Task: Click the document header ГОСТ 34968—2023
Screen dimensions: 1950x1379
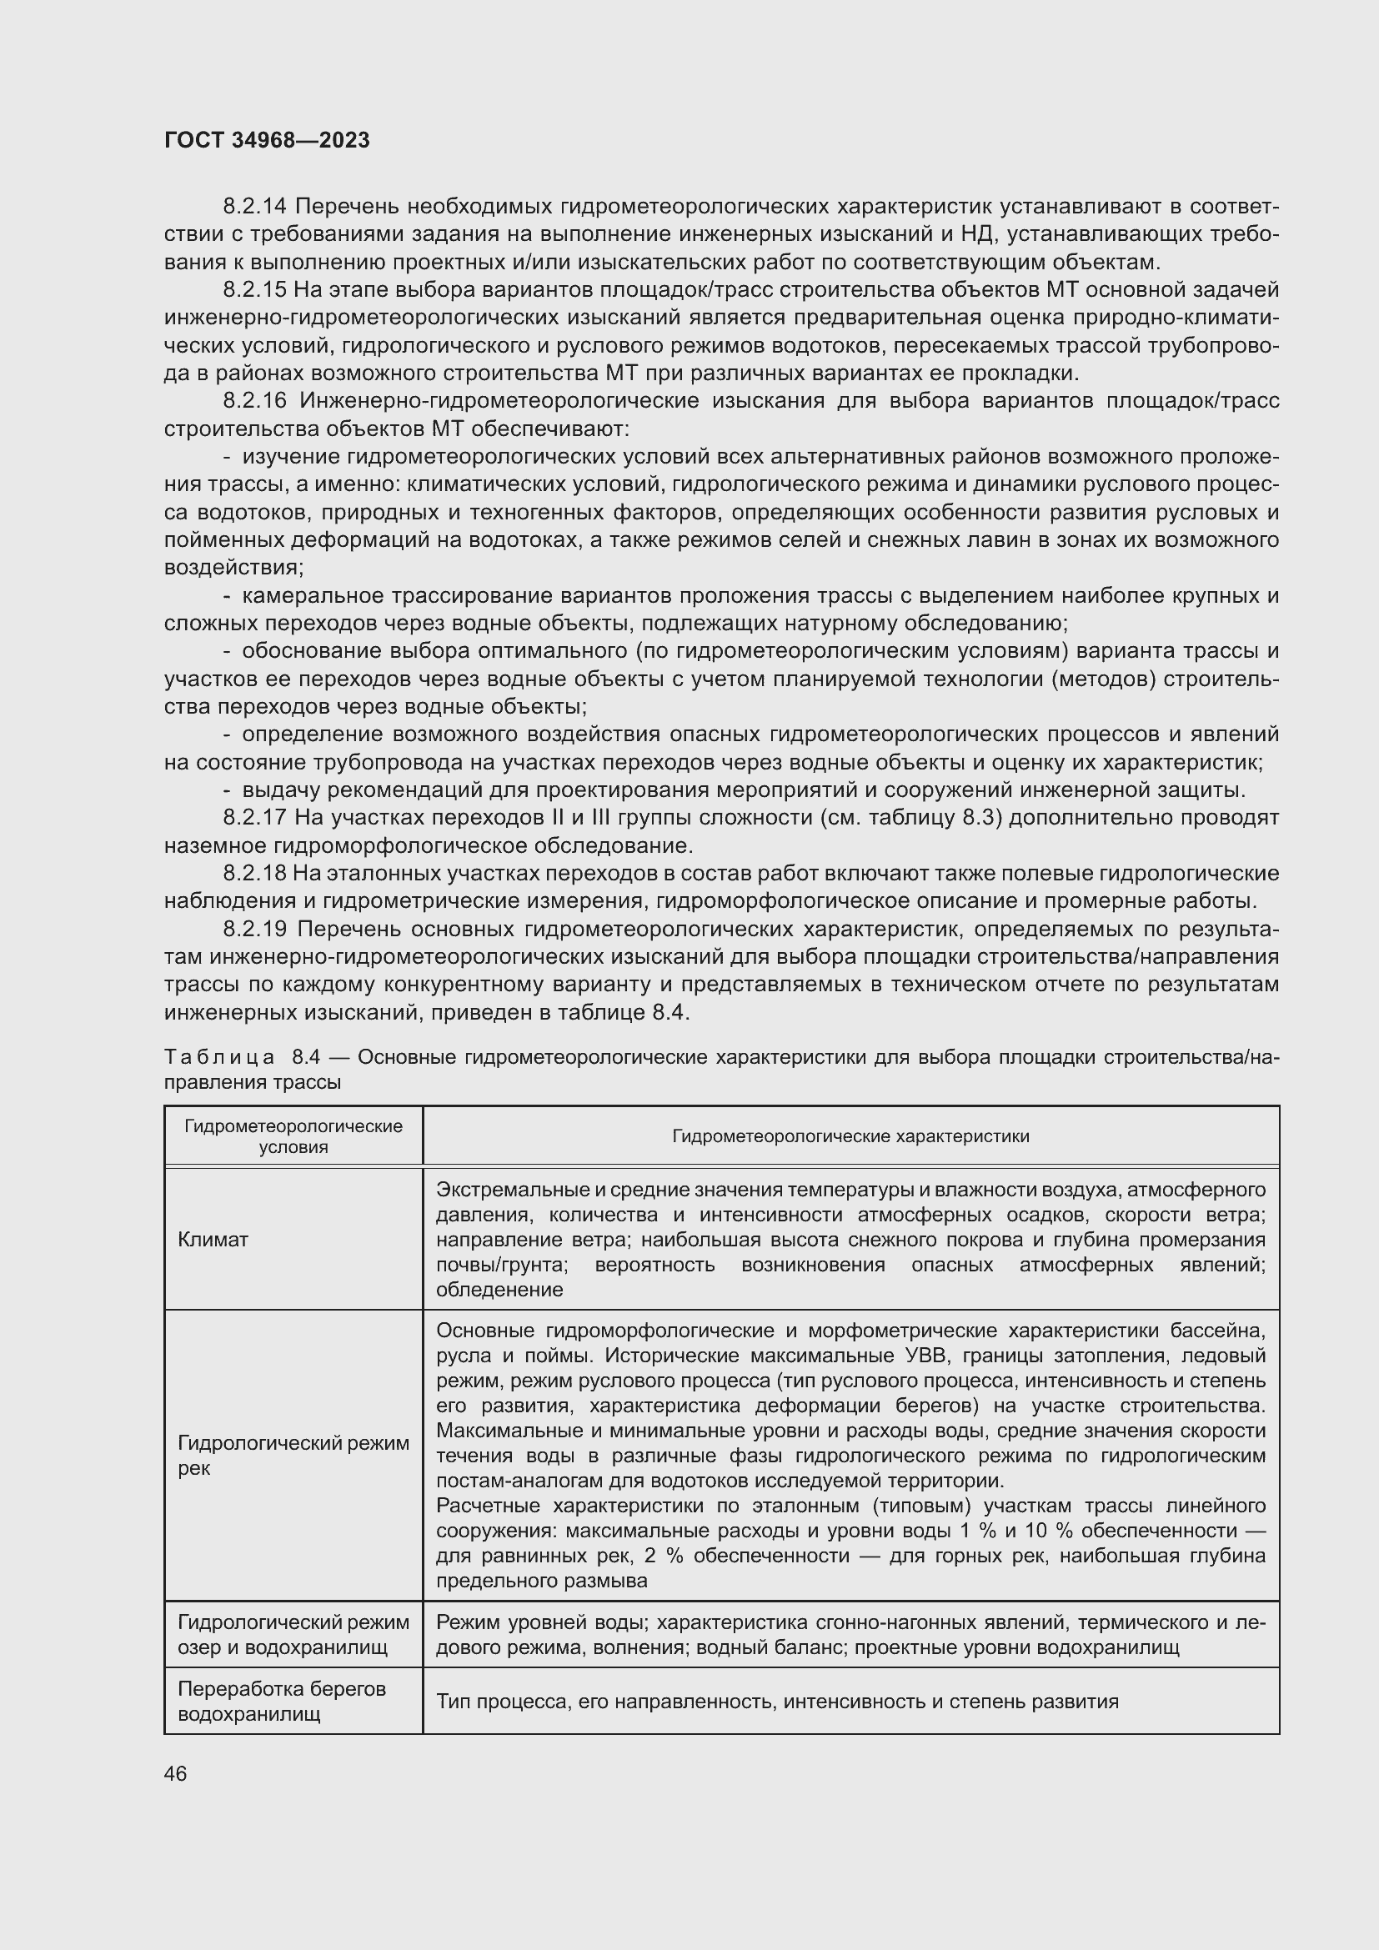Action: pos(267,141)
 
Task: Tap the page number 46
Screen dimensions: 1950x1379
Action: pos(176,1773)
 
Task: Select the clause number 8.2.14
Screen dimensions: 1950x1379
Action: pos(255,207)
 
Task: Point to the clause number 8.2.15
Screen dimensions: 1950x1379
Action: pos(255,289)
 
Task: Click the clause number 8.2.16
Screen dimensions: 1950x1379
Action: pos(255,401)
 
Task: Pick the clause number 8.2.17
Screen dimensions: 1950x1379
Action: pos(255,818)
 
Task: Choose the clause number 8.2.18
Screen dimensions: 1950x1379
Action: pos(255,873)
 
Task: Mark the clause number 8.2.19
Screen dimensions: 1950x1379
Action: pos(255,929)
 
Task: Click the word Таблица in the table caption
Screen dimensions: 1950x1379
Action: pos(219,1057)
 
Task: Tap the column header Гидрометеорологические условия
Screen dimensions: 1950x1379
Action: pos(293,1136)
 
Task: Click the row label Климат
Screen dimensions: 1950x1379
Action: pos(213,1239)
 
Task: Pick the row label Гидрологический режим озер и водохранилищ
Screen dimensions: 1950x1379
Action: pos(293,1635)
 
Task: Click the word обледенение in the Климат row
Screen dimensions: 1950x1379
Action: pos(499,1289)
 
